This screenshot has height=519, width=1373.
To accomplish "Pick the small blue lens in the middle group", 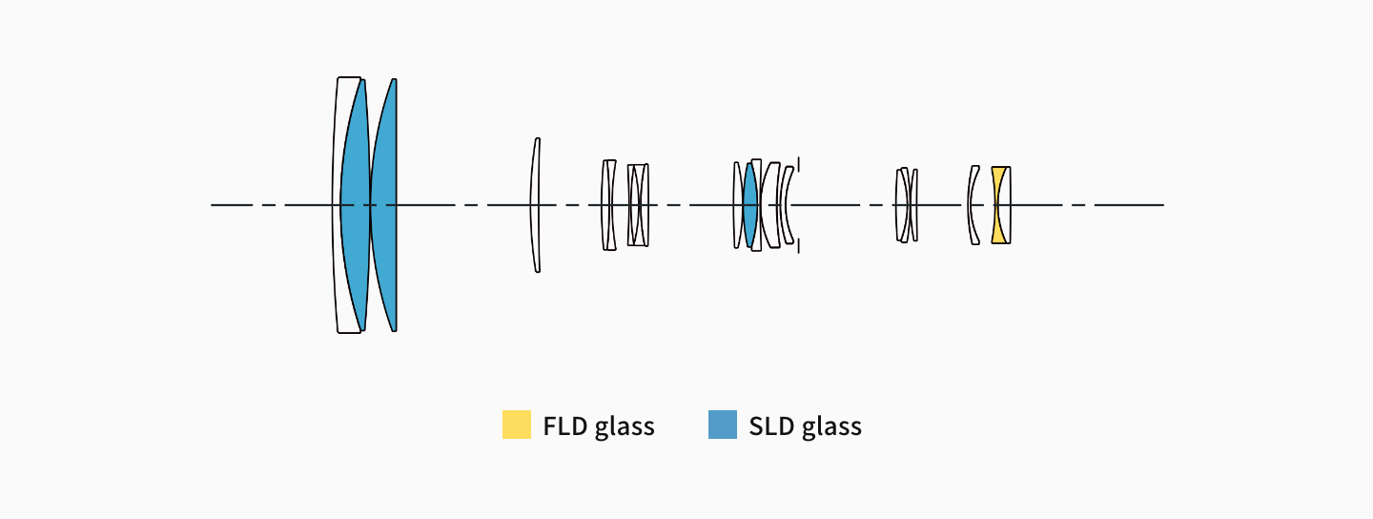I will (749, 205).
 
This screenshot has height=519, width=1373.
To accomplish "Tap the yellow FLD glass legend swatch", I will (516, 425).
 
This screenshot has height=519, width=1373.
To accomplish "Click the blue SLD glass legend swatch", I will (723, 425).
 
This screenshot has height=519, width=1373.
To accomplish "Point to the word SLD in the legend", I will (771, 426).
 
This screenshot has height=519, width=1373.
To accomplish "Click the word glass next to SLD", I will (831, 426).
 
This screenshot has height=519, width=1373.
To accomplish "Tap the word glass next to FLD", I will (625, 426).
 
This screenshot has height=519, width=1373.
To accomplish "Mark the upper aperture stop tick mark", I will (798, 164).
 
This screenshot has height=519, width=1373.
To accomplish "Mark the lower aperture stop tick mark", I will (798, 247).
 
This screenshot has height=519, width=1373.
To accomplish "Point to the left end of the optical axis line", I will (212, 205).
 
